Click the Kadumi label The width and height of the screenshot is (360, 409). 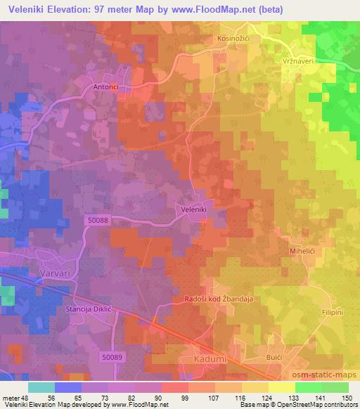tap(209, 359)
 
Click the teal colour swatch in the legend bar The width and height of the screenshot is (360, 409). tap(41, 387)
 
